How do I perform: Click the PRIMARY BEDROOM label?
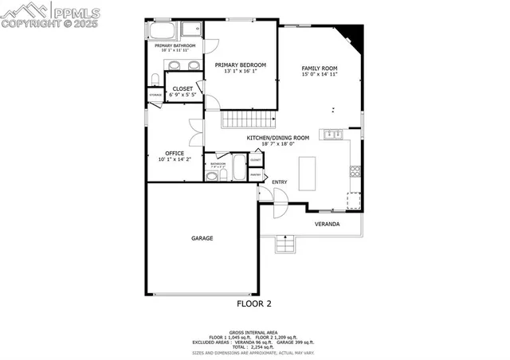tap(240, 65)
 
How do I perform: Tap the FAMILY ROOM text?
tap(320, 68)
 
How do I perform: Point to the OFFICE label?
tap(175, 153)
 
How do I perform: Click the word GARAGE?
tap(202, 238)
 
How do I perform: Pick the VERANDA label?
tap(327, 224)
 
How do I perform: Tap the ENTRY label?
tap(279, 182)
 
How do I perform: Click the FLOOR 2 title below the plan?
tap(255, 303)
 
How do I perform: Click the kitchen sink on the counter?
tap(333, 134)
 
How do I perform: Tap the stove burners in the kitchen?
tap(354, 170)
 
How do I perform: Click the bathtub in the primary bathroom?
tap(162, 31)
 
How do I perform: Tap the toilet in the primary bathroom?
tap(153, 78)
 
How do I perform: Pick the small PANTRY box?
tap(256, 174)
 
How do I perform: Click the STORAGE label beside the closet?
tap(155, 96)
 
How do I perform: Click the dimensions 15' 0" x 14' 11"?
tap(320, 75)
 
